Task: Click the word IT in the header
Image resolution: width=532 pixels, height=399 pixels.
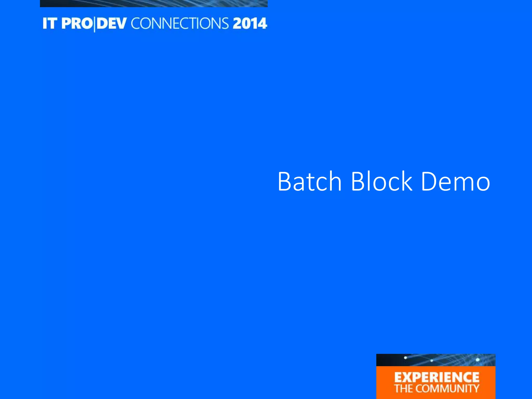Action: point(50,23)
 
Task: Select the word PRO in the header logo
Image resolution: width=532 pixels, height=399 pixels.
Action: point(77,23)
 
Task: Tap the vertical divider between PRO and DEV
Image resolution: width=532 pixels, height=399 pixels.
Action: point(94,24)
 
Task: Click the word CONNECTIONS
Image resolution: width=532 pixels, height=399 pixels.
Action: point(180,23)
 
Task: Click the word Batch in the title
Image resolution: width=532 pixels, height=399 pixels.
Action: point(309,182)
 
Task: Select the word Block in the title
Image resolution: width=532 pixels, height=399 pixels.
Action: point(381,182)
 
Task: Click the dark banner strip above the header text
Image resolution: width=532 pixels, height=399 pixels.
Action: point(154,3)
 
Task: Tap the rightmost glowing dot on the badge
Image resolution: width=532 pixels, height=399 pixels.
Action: point(477,360)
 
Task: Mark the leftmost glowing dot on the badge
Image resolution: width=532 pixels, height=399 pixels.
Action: point(405,358)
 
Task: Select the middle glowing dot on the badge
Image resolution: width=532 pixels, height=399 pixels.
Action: point(431,361)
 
